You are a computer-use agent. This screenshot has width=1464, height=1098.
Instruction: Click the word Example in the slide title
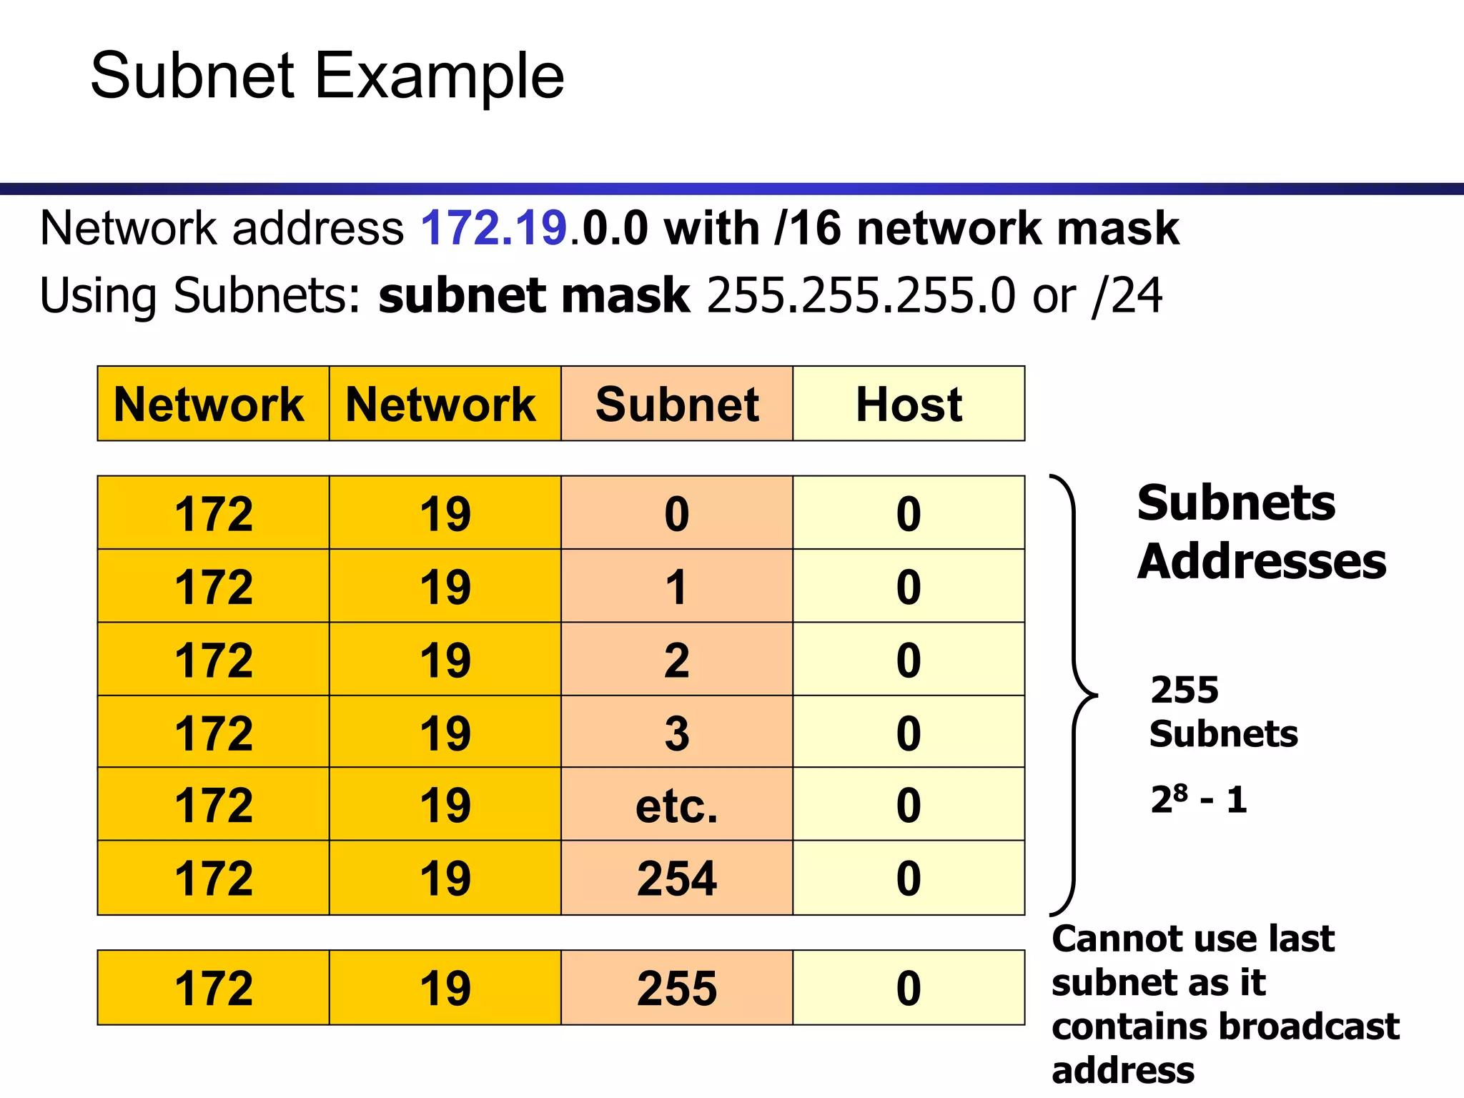439,77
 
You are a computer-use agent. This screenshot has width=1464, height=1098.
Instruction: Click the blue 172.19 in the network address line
493,229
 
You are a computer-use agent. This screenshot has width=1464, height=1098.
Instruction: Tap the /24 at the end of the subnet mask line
1127,296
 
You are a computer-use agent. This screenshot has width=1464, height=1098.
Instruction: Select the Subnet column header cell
677,404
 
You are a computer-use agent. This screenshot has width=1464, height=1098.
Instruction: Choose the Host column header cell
909,404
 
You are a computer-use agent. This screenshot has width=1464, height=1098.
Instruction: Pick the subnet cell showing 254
677,878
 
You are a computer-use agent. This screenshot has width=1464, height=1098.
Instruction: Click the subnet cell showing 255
677,988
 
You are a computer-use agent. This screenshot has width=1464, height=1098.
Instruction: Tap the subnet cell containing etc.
677,805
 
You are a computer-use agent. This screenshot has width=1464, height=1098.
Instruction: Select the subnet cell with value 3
677,733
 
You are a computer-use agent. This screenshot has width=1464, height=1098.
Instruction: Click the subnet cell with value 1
677,587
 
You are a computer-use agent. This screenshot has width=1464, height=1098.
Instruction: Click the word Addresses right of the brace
1262,561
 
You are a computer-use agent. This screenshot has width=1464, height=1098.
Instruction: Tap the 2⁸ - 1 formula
1199,799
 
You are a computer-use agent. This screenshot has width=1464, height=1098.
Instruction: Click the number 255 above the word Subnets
1184,690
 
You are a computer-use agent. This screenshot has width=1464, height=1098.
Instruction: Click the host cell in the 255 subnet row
909,988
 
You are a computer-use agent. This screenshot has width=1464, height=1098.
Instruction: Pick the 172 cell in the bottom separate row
214,988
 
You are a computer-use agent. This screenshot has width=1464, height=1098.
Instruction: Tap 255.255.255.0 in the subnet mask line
861,296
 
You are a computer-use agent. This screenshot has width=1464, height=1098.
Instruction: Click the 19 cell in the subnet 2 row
445,660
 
